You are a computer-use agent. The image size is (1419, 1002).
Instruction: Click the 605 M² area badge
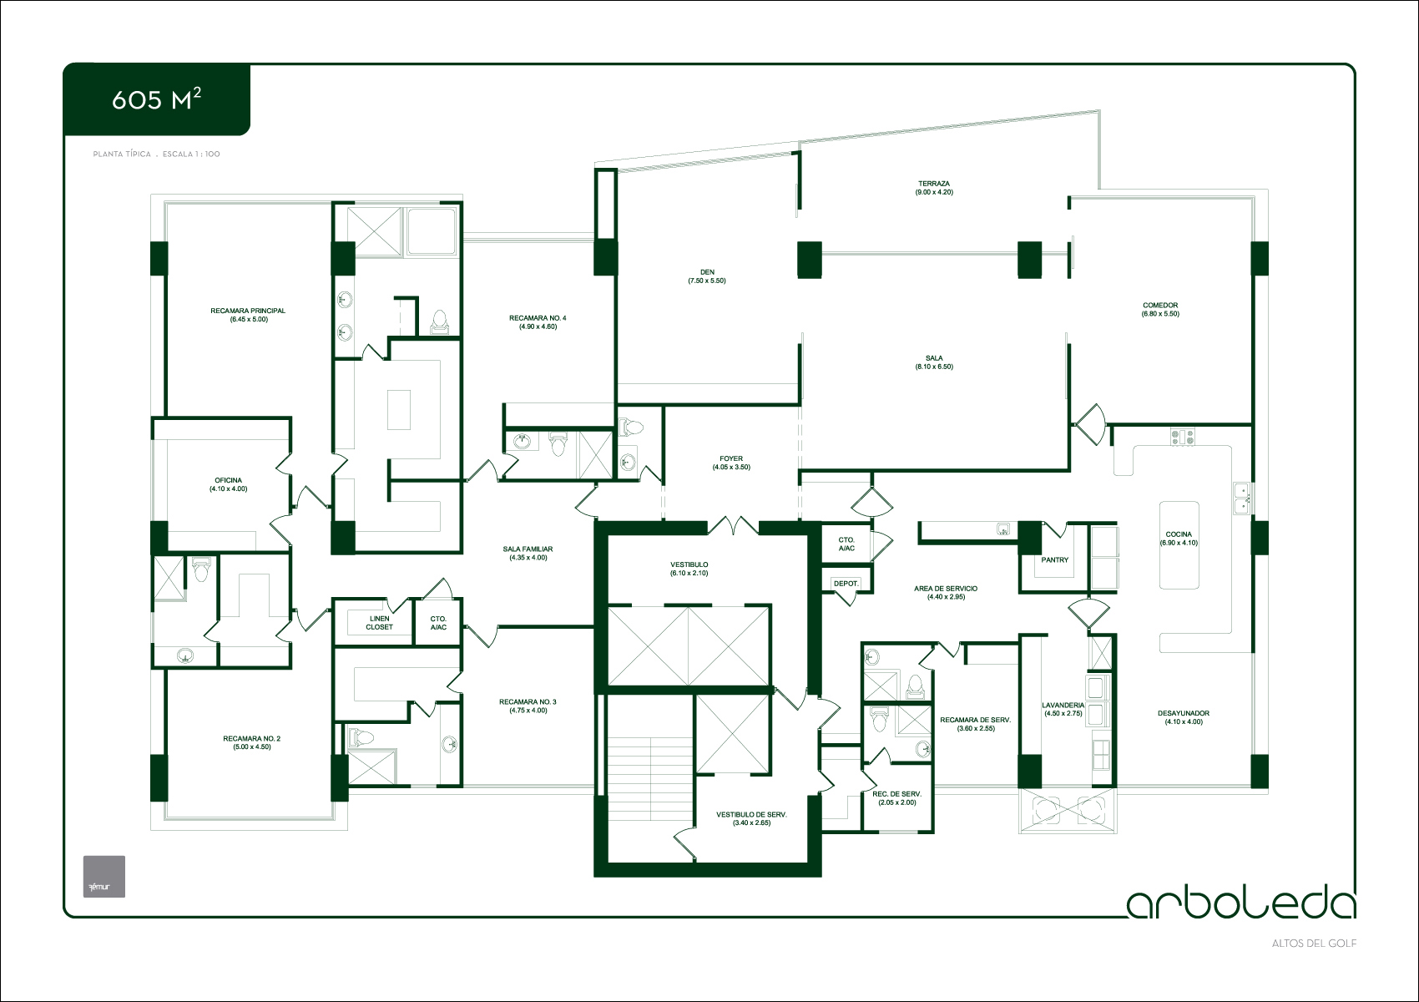pos(156,99)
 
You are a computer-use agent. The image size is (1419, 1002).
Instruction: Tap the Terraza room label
pos(934,184)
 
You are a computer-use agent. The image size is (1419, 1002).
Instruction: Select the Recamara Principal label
pos(248,311)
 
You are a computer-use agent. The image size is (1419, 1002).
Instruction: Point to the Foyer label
pos(731,458)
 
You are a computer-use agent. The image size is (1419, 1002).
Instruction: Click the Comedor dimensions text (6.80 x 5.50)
pos(1160,314)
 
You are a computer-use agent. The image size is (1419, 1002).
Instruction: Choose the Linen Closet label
pos(380,623)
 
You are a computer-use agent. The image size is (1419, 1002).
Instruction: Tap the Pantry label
pos(1055,559)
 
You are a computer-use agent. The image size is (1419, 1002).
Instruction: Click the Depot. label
pos(846,584)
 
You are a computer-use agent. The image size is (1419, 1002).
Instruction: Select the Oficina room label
pos(228,480)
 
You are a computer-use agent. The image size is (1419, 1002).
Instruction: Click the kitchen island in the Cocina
pos(1179,545)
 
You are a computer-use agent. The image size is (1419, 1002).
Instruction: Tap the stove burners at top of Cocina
pos(1182,437)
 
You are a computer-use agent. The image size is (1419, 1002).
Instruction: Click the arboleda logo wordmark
pos(1242,903)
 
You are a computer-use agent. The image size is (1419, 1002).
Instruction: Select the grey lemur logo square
pos(104,877)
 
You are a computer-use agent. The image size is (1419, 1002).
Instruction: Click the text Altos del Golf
pos(1314,944)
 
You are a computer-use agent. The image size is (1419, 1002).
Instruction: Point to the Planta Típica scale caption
pos(156,154)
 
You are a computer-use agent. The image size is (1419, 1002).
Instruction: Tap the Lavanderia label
pos(1063,705)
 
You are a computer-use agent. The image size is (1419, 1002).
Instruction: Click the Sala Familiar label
pos(528,549)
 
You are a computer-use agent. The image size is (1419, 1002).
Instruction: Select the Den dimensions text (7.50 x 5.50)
pos(707,281)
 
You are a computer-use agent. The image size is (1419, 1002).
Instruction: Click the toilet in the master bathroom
pos(439,321)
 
